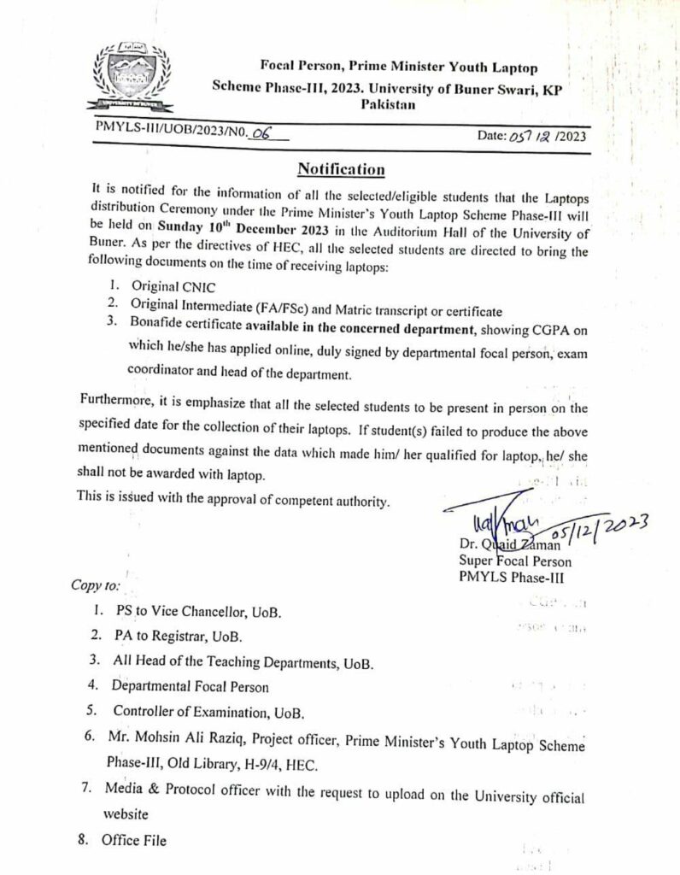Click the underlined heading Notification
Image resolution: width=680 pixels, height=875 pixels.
point(340,167)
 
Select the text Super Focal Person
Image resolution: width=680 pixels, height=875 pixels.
point(514,561)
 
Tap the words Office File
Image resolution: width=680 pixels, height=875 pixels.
point(134,840)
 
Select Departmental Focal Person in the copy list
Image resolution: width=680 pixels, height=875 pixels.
point(191,686)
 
